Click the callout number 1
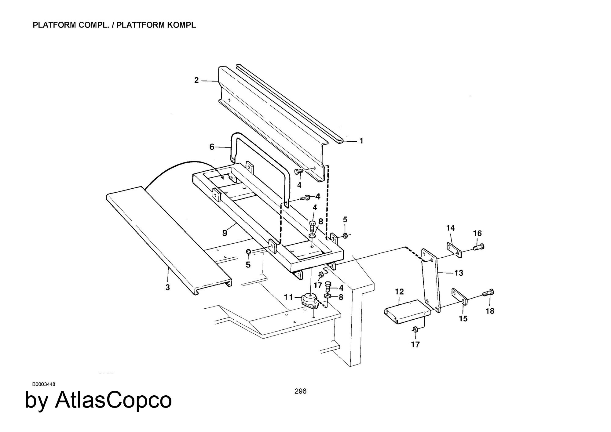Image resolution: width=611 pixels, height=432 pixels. point(361,141)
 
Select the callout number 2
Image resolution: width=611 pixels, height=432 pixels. point(196,80)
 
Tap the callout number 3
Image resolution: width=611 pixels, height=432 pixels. point(168,287)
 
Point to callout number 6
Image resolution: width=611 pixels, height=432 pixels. point(212,147)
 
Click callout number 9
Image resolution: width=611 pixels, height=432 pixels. point(225,233)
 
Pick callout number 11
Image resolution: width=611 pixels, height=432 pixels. point(288,297)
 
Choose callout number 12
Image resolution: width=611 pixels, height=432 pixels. point(399,292)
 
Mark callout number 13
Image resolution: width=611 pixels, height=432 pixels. point(459,273)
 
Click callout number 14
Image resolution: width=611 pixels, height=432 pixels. point(450,228)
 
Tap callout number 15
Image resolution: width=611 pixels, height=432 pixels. point(463,318)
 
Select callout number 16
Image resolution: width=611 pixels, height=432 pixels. point(477,234)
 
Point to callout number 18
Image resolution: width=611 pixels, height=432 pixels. point(490,311)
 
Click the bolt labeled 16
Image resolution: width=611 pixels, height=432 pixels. point(479,246)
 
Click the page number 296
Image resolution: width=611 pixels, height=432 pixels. point(300,391)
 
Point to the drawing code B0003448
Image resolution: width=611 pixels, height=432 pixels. point(43,384)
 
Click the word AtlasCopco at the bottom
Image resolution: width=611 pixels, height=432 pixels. point(113,400)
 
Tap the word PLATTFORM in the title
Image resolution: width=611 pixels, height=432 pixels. point(140,25)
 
